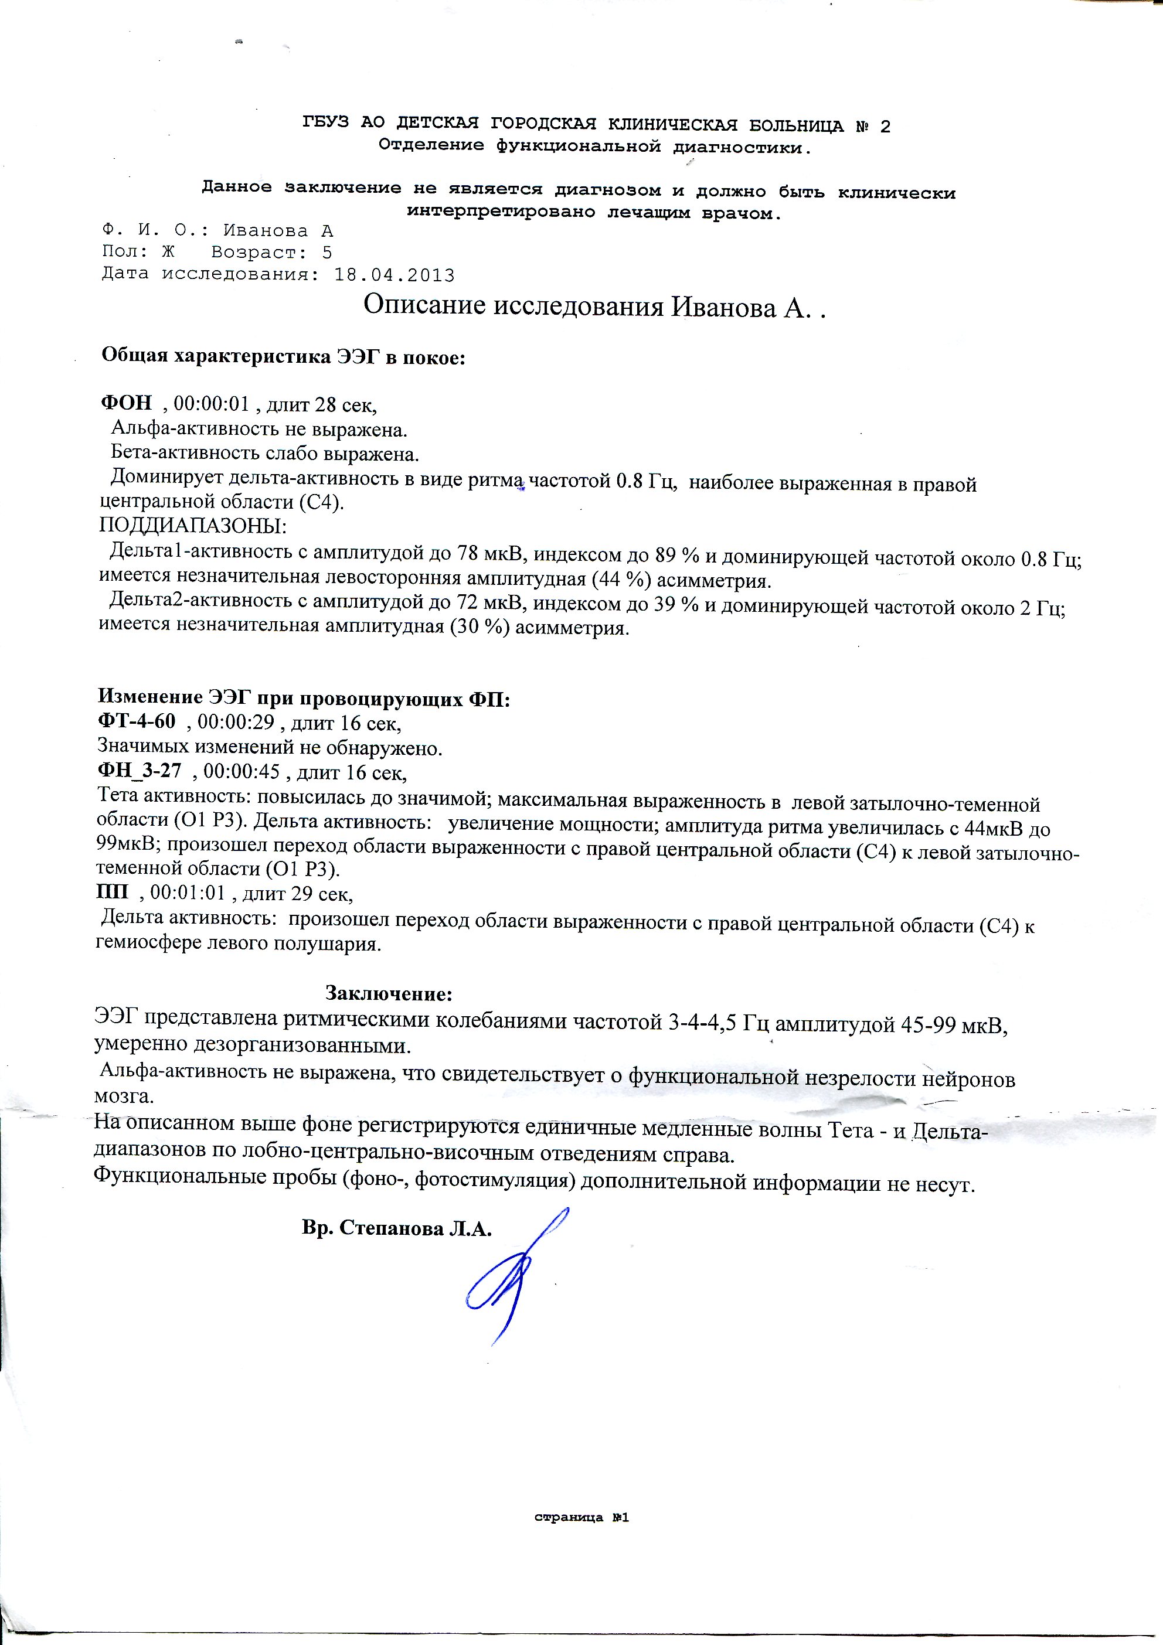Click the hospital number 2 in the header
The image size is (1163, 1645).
pyautogui.click(x=885, y=127)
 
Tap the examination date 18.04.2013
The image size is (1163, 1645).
pyautogui.click(x=394, y=275)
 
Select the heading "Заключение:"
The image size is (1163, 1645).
pyautogui.click(x=389, y=994)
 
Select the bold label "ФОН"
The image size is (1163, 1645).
pyautogui.click(x=126, y=404)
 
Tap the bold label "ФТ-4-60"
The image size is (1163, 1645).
pyautogui.click(x=136, y=723)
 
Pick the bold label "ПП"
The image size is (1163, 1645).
pyautogui.click(x=113, y=894)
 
